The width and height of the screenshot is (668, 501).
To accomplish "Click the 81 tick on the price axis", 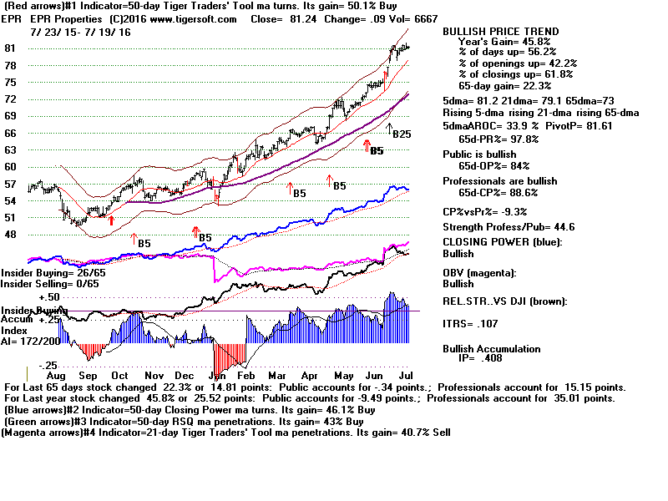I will [11, 48].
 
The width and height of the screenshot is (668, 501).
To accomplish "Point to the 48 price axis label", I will [11, 235].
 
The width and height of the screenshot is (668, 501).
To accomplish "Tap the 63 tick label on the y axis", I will [11, 150].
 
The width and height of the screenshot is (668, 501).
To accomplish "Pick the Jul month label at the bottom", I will [403, 377].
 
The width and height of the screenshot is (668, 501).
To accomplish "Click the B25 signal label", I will [402, 134].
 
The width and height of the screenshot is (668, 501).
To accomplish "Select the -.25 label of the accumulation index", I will [48, 365].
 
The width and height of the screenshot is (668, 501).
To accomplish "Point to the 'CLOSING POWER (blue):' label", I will [503, 242].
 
